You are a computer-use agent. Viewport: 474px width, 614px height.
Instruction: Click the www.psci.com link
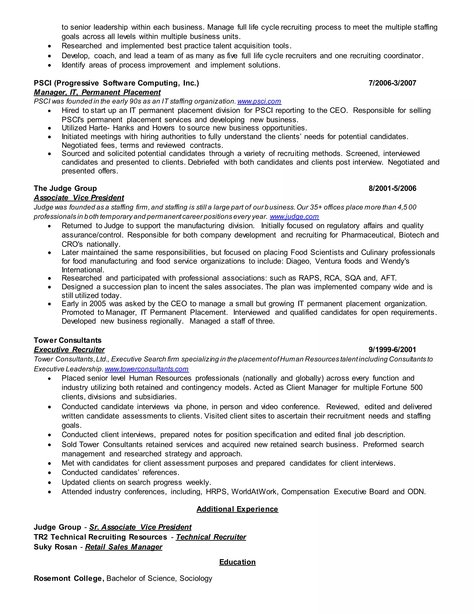click(x=259, y=101)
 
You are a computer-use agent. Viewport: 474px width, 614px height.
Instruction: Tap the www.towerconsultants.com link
click(x=147, y=369)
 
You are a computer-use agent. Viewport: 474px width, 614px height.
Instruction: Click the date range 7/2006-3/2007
click(x=392, y=83)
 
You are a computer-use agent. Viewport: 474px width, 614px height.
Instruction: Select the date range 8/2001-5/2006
click(x=392, y=188)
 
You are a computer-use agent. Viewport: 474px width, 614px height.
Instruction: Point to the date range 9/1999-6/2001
click(x=392, y=350)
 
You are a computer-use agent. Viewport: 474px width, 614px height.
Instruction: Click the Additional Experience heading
click(x=237, y=509)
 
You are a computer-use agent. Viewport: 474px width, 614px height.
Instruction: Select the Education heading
click(x=237, y=562)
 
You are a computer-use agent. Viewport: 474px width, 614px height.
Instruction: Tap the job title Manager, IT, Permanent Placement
click(x=97, y=92)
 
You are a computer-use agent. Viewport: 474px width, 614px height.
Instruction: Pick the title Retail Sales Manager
click(x=124, y=547)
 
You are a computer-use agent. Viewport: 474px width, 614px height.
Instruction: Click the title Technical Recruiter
click(x=211, y=537)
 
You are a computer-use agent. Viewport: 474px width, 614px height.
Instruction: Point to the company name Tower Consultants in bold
click(x=67, y=340)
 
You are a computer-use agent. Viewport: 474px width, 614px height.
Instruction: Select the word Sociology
click(x=196, y=578)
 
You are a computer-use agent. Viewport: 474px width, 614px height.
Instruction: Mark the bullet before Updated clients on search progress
click(x=50, y=483)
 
